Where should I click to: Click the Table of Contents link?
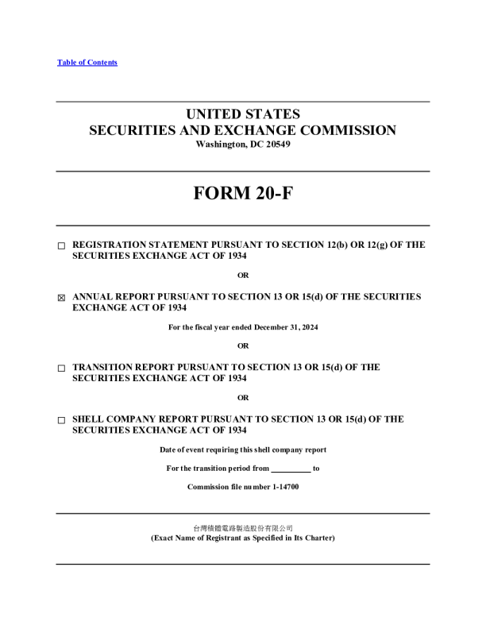(x=87, y=63)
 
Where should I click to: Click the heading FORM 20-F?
(x=243, y=194)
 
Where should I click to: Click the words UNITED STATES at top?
(x=243, y=114)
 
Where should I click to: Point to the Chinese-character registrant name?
(x=243, y=528)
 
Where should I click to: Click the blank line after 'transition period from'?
(x=291, y=469)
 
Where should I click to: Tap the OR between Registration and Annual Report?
(x=243, y=276)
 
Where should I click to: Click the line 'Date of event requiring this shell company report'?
(x=243, y=450)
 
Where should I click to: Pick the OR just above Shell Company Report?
(x=243, y=398)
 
